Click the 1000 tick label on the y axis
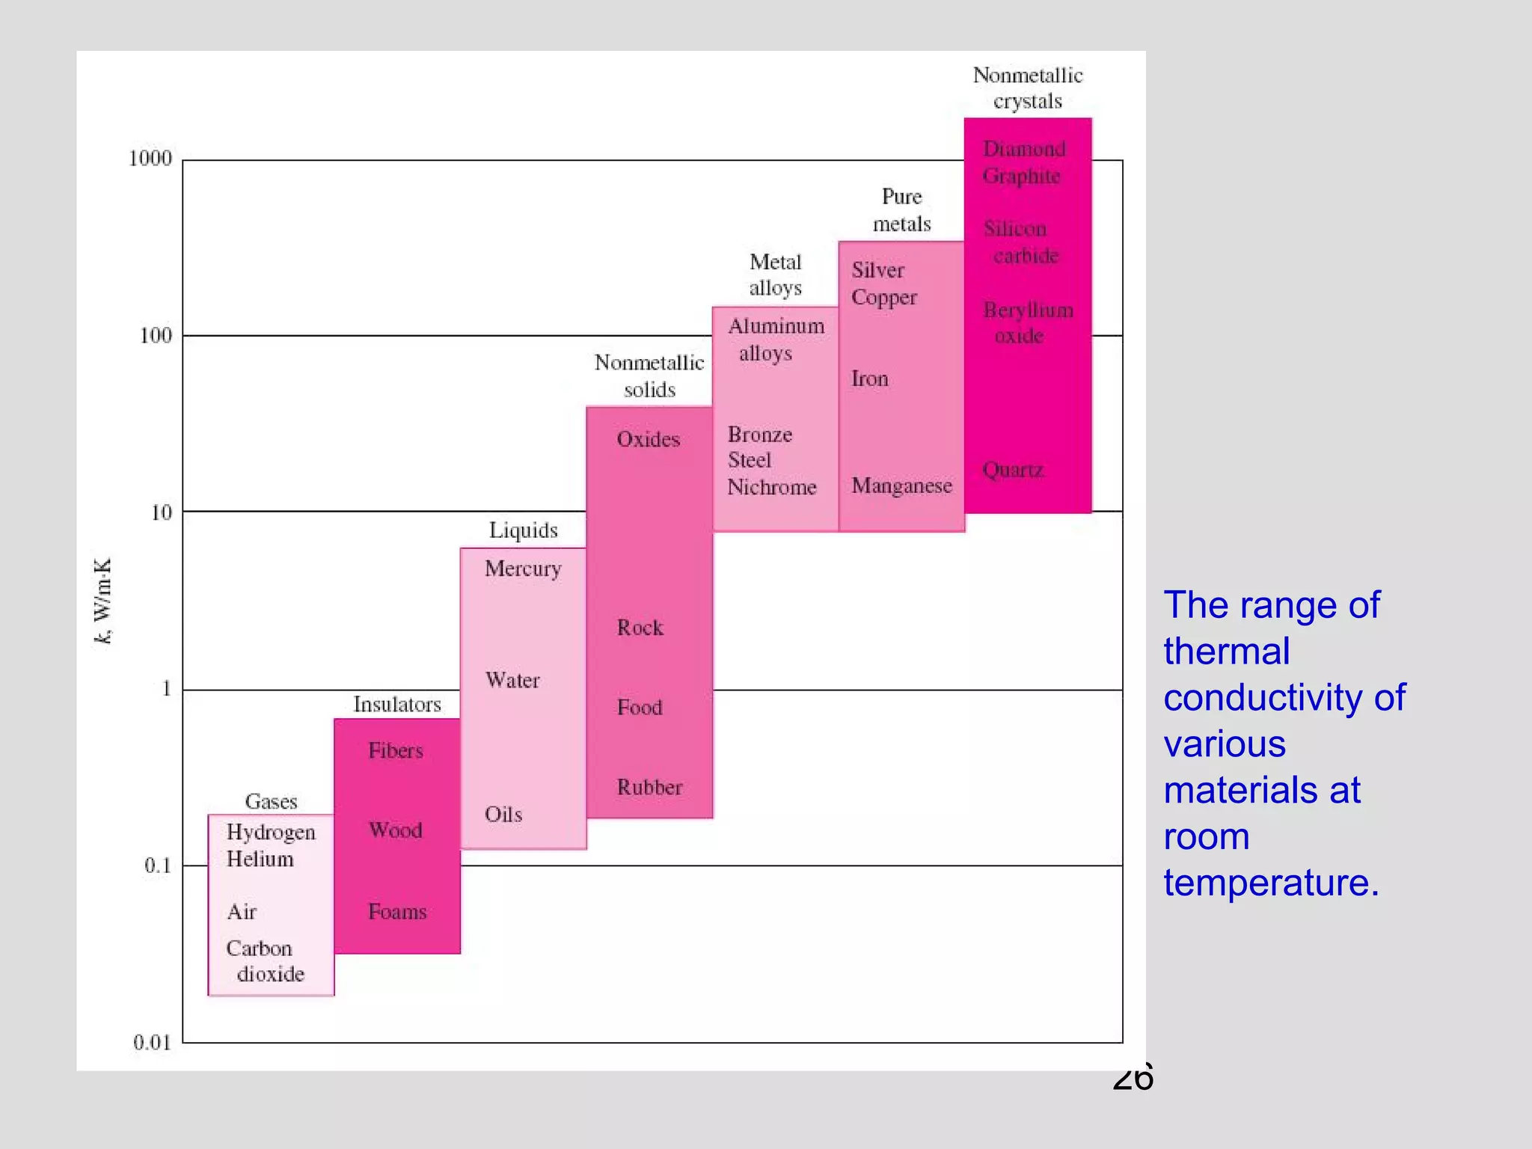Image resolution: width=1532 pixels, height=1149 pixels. tap(150, 159)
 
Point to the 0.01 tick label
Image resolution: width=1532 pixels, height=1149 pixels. tap(153, 1042)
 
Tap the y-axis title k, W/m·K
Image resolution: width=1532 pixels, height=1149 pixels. tap(103, 600)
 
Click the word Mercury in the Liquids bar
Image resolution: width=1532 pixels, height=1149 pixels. tap(523, 569)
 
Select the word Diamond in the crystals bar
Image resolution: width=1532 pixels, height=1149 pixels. tap(1024, 149)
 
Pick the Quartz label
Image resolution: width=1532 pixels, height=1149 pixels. tap(1013, 470)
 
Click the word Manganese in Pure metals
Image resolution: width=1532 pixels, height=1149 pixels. tap(901, 486)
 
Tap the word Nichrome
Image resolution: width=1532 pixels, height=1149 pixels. tap(772, 488)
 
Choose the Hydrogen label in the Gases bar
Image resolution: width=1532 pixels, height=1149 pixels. tap(271, 833)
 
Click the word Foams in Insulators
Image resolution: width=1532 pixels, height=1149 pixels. tap(397, 912)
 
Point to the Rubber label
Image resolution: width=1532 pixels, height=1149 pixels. tap(649, 787)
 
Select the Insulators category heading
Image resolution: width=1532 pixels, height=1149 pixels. tap(397, 705)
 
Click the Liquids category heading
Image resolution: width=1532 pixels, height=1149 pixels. tap(524, 530)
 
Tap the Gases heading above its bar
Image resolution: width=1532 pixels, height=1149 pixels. tap(271, 802)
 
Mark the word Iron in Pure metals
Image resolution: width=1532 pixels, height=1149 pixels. tap(870, 379)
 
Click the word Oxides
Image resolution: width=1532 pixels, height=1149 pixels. tap(649, 439)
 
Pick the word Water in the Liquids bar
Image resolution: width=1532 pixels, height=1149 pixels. tap(512, 681)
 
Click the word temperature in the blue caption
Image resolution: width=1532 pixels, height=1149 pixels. tap(1271, 883)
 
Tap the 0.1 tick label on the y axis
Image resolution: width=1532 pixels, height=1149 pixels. tap(158, 865)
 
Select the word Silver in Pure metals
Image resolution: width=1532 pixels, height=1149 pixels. tap(878, 271)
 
